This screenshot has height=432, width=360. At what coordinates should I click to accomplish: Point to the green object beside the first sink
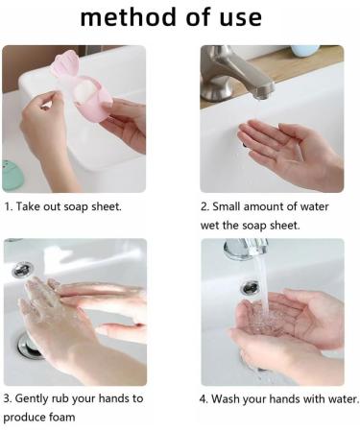pyautogui.click(x=12, y=174)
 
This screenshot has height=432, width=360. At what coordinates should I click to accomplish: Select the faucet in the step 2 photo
pyautogui.click(x=236, y=75)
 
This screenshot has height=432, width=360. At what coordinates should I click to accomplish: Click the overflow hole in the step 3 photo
pyautogui.click(x=21, y=271)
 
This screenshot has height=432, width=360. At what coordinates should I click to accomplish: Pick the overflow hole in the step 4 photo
pyautogui.click(x=250, y=287)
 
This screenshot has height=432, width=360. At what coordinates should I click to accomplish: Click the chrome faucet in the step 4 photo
pyautogui.click(x=245, y=249)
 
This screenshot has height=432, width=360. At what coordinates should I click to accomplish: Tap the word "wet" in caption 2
pyautogui.click(x=212, y=226)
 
